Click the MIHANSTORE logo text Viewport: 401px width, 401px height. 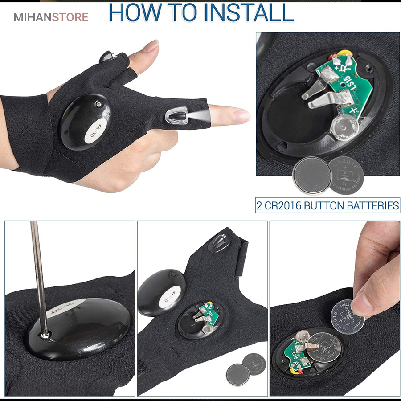[51, 17]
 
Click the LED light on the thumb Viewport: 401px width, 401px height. [107, 56]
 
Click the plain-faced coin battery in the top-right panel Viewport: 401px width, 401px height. [311, 176]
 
